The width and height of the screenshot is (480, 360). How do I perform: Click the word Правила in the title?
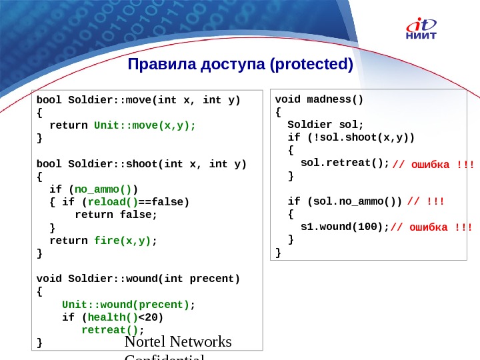pyautogui.click(x=157, y=65)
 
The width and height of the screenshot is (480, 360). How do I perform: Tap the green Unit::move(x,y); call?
pyautogui.click(x=145, y=125)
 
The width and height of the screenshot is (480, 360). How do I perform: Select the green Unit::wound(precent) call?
pyautogui.click(x=126, y=304)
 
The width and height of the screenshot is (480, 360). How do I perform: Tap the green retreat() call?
pyautogui.click(x=111, y=329)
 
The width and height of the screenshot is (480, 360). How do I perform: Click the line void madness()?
pyautogui.click(x=319, y=100)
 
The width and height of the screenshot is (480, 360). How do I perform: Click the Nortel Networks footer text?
pyautogui.click(x=178, y=342)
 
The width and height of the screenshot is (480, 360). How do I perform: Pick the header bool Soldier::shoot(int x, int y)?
pyautogui.click(x=141, y=164)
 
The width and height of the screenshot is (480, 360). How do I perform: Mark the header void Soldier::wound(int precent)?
pyautogui.click(x=138, y=278)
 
